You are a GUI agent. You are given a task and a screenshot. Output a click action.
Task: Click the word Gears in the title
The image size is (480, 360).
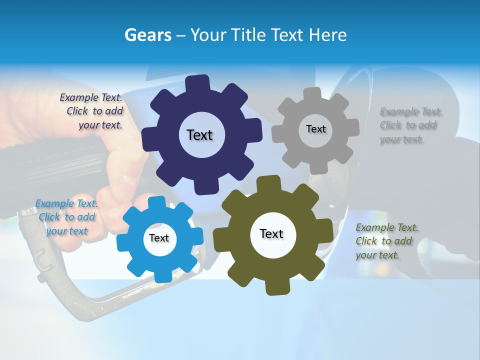pyautogui.click(x=147, y=35)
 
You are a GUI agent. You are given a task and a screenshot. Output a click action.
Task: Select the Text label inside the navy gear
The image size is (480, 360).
pyautogui.click(x=199, y=135)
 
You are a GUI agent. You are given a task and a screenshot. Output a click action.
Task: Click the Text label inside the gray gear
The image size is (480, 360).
pyautogui.click(x=315, y=129)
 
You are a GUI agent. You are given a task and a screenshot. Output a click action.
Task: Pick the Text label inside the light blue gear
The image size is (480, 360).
pyautogui.click(x=159, y=238)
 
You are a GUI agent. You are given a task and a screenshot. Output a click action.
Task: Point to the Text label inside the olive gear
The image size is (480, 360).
pyautogui.click(x=271, y=233)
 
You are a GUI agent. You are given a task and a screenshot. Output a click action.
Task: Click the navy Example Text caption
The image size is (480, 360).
pyautogui.click(x=91, y=111)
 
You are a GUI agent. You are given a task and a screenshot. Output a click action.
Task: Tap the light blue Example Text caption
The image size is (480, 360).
pyautogui.click(x=66, y=217)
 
